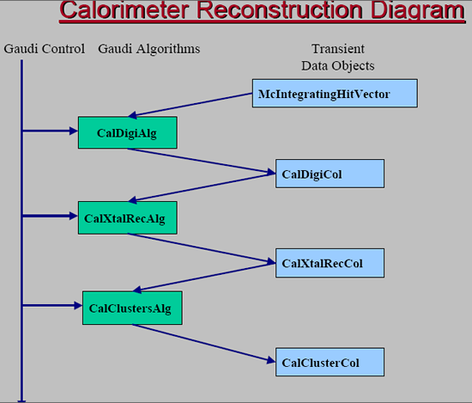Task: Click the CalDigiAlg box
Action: pos(128,132)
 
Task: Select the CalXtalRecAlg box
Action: pos(128,217)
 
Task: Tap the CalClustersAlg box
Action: pos(132,308)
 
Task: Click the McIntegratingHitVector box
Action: pos(335,93)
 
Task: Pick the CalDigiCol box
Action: pos(330,174)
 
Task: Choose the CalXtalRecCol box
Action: pos(330,263)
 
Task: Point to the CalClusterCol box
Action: pos(330,362)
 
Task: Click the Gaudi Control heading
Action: pos(45,49)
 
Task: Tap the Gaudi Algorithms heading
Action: pos(149,49)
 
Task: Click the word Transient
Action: pos(338,49)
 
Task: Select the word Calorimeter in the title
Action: pos(124,10)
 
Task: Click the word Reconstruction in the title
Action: pos(280,10)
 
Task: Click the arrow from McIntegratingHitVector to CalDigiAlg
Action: pos(191,105)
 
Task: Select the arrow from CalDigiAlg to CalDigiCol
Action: pos(202,161)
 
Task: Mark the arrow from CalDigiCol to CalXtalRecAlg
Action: pos(202,187)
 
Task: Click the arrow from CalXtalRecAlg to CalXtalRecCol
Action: pos(202,248)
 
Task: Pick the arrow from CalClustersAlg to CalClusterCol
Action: pos(203,344)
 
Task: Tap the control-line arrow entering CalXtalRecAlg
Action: pos(50,216)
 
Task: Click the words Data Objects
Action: pos(338,66)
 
